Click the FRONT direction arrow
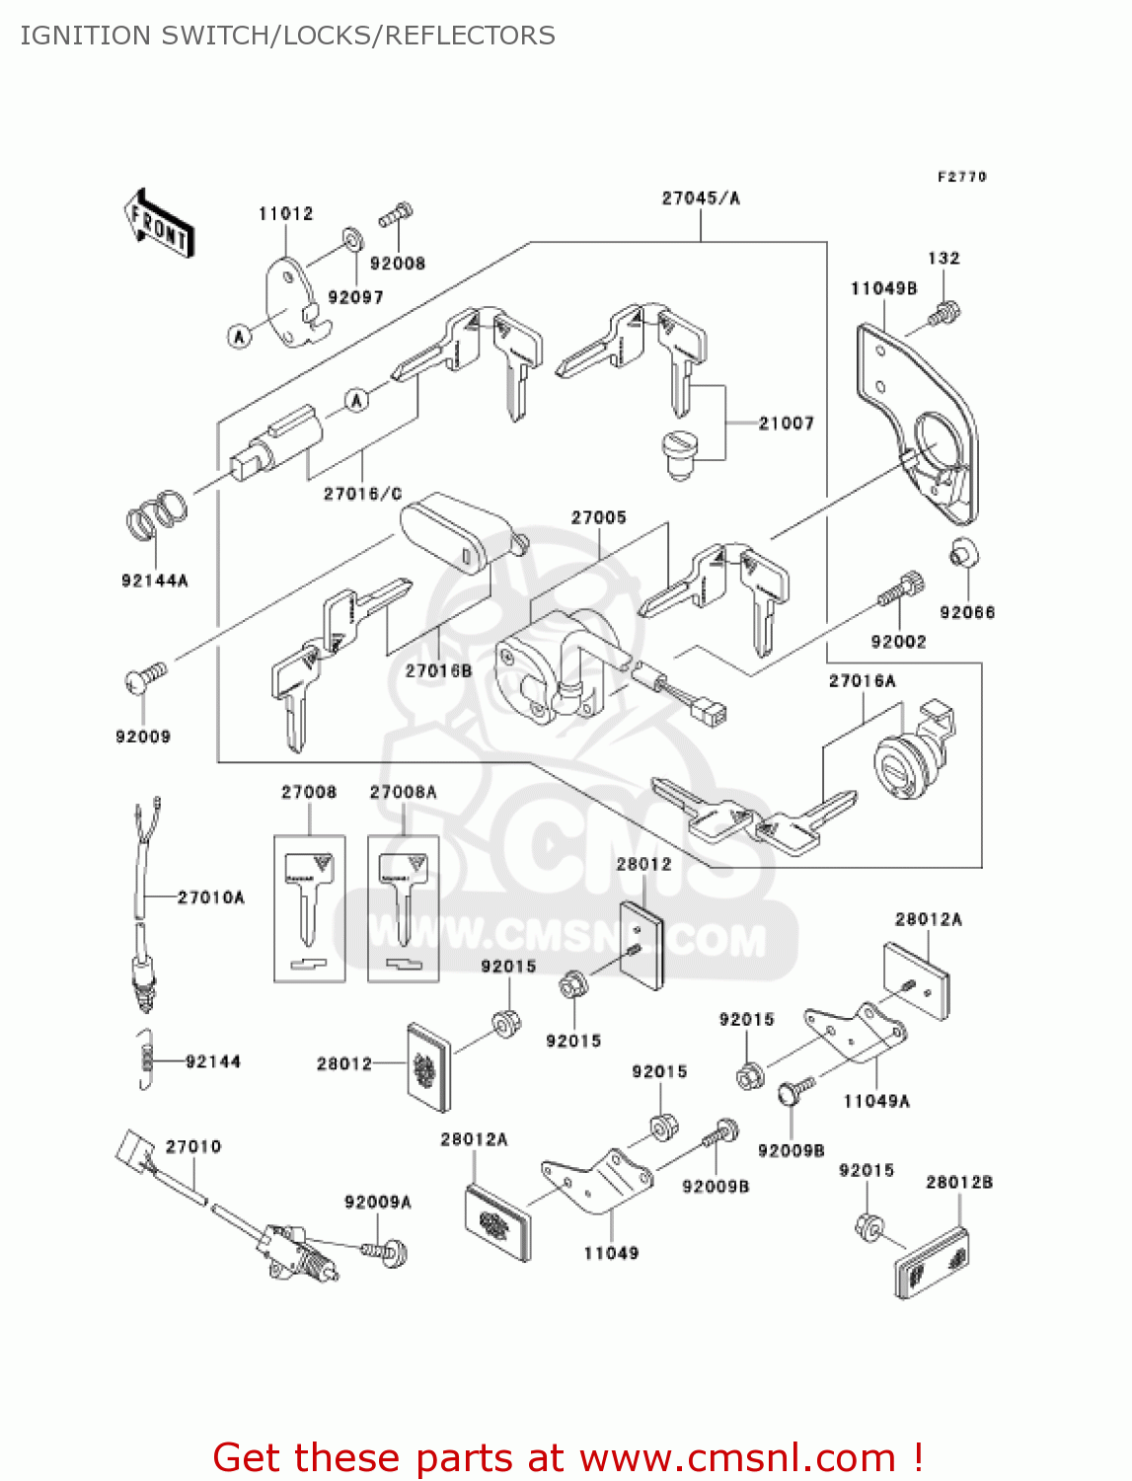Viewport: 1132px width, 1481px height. pos(159,225)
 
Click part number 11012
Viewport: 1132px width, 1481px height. pos(285,213)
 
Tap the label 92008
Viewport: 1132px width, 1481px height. pos(397,264)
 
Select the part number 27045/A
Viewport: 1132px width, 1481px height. pos(700,198)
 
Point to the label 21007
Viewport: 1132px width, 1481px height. pos(786,424)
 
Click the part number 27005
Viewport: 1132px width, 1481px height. pos(598,517)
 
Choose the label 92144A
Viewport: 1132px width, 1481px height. pos(154,581)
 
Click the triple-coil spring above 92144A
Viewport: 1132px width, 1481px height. pos(157,514)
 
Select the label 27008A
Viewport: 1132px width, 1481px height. pos(403,792)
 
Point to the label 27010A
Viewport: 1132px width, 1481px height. pos(210,897)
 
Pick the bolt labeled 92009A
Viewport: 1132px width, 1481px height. pos(388,1252)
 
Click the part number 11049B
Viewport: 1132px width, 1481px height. pos(883,288)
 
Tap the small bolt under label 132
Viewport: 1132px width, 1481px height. pos(944,315)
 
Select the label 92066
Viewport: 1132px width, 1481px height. pos(967,612)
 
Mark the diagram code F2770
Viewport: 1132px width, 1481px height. pos(961,177)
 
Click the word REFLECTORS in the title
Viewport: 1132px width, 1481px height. pos(470,36)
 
